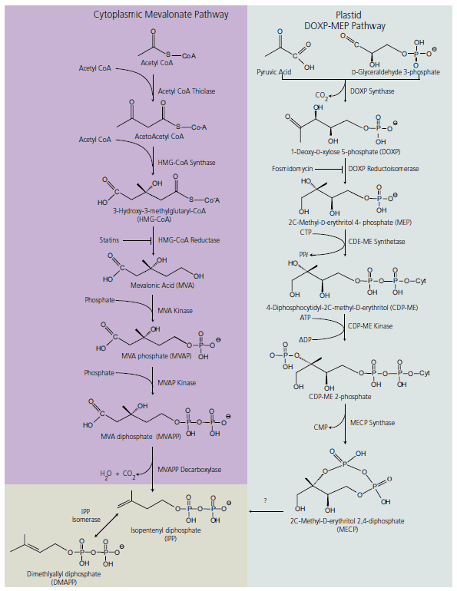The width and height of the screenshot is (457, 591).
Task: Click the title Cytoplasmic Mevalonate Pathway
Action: [x=161, y=14]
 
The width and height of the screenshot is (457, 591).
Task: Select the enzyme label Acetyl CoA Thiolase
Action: [x=187, y=91]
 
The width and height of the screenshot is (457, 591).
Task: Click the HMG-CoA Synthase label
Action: [x=187, y=163]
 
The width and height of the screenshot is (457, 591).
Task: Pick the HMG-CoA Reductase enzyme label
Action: [x=189, y=240]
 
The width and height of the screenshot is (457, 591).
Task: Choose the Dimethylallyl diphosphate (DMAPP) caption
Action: [x=54, y=578]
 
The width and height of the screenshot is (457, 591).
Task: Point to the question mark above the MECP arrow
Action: [x=264, y=500]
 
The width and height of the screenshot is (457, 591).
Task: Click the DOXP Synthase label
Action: [x=372, y=91]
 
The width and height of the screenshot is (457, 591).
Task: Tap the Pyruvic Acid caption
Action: [x=274, y=71]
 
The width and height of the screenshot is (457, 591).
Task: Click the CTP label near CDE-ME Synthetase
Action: [x=306, y=230]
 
